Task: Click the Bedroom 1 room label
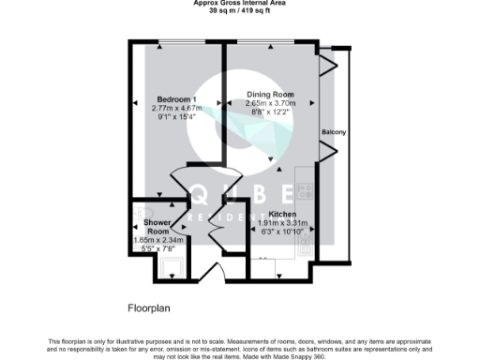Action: coord(176,99)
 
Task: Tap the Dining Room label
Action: coord(271,95)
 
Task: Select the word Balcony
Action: coord(334,132)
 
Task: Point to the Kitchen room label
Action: coord(283,214)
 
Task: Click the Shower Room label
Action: coord(157,227)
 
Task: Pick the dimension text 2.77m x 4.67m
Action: coord(176,108)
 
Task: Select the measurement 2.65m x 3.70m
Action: coord(271,103)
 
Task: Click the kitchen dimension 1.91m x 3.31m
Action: coord(283,222)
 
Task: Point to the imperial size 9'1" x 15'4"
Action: coord(176,117)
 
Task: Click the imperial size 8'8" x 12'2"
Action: coord(271,112)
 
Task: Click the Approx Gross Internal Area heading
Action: coord(240,4)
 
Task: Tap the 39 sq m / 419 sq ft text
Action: coord(240,11)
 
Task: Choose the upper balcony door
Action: coord(327,64)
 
